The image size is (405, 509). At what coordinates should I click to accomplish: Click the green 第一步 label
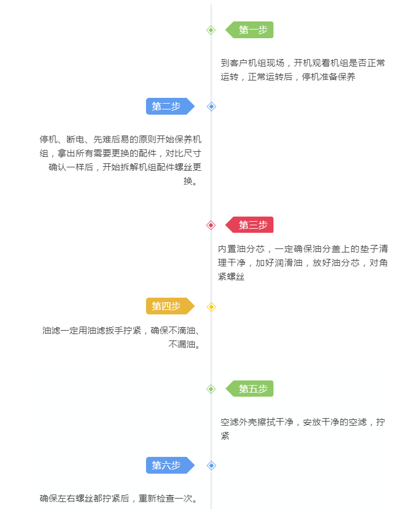pos(249,30)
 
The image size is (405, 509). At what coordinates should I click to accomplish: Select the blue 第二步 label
pos(170,106)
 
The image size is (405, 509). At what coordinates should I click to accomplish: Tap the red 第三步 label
pos(249,225)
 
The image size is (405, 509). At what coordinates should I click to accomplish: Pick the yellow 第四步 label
pos(170,306)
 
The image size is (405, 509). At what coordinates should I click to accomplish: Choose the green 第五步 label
pos(249,389)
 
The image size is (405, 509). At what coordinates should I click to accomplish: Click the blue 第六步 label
pos(170,465)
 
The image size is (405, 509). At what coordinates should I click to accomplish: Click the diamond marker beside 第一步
pos(211,30)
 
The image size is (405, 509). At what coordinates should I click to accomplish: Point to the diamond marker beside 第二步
pos(211,107)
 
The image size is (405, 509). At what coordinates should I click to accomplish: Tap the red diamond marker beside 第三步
pos(211,225)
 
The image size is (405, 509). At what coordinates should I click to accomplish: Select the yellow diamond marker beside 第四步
pos(211,307)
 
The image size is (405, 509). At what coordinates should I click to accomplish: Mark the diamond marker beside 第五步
pos(211,389)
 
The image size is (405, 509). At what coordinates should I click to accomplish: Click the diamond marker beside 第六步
pos(211,466)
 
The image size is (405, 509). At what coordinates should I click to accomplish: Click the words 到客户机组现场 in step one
pos(253,63)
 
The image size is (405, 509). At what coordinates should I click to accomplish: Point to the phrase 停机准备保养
pos(329,77)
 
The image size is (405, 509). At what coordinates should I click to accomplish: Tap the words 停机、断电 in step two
pos(62,140)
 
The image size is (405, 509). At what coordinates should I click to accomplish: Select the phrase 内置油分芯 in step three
pos(241,249)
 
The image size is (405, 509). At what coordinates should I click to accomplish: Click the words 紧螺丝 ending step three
pos(231,277)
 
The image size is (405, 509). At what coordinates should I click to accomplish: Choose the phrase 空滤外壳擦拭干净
pos(257,422)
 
